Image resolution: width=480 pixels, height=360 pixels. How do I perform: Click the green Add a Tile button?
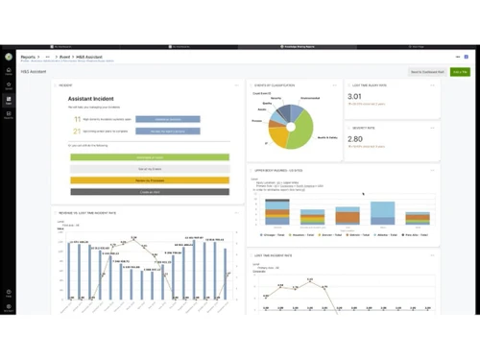click(x=460, y=72)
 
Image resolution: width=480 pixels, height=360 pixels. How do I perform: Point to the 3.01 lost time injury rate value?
click(x=354, y=97)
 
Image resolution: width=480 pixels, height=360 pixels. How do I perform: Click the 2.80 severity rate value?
click(x=354, y=139)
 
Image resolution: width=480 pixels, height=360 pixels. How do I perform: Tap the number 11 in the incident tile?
click(x=76, y=119)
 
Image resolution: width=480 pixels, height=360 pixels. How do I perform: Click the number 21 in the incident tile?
click(x=76, y=131)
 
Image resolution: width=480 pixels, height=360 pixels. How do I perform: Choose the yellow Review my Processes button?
click(x=150, y=180)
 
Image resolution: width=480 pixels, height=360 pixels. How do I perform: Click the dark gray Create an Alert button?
click(x=150, y=192)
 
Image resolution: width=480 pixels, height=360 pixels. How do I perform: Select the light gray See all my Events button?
click(x=150, y=169)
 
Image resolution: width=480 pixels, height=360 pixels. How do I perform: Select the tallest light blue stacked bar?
click(x=383, y=212)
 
